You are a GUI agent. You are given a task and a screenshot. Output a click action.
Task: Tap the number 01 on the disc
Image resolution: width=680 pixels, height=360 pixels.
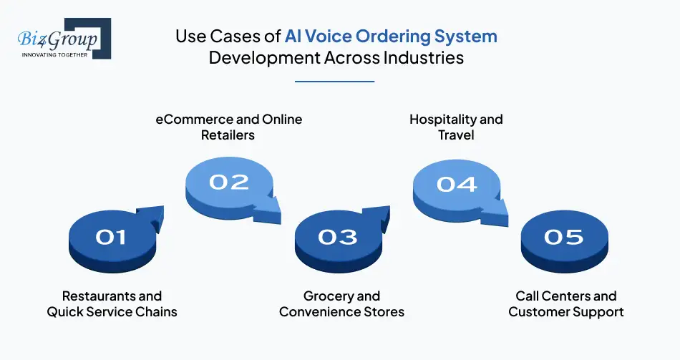[x=111, y=236]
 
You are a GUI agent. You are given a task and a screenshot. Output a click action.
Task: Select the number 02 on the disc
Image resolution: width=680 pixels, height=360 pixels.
[x=228, y=182]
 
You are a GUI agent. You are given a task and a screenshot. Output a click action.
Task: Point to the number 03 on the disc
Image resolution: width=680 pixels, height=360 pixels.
[x=337, y=236]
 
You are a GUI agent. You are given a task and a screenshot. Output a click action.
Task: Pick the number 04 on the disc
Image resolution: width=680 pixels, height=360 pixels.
[x=457, y=184]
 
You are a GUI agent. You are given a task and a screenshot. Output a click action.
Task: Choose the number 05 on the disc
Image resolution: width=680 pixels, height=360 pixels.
[x=563, y=236]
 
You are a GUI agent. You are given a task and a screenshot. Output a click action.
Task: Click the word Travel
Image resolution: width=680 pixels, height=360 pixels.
[x=457, y=135]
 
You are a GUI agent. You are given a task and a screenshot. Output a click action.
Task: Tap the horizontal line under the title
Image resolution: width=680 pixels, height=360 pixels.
[x=334, y=82]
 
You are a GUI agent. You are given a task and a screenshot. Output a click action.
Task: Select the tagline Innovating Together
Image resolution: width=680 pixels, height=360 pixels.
[x=54, y=54]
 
